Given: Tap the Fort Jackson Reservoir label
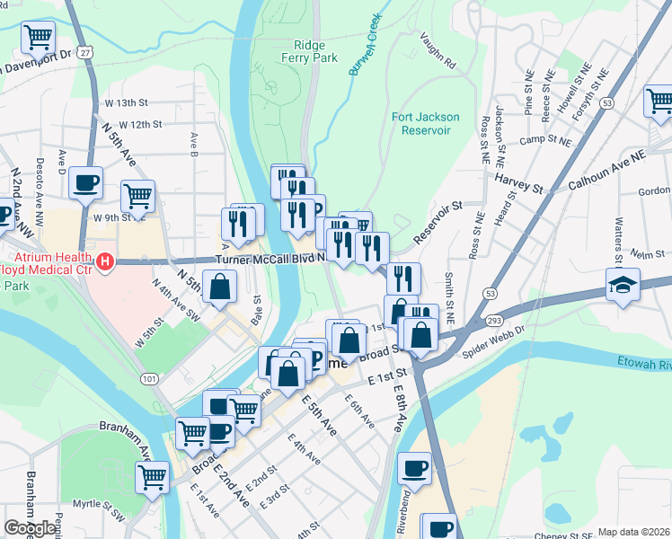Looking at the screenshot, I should click(x=425, y=124).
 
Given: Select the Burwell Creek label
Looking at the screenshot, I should click(x=367, y=43).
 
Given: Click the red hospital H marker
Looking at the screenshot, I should click(x=105, y=262).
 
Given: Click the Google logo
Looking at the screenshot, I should click(x=31, y=528).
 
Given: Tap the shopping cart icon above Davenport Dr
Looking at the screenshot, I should click(x=39, y=38).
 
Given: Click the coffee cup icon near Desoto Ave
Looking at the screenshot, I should click(x=86, y=182).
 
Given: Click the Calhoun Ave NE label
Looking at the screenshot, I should click(x=607, y=170).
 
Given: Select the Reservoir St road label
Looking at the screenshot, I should click(x=438, y=221).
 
